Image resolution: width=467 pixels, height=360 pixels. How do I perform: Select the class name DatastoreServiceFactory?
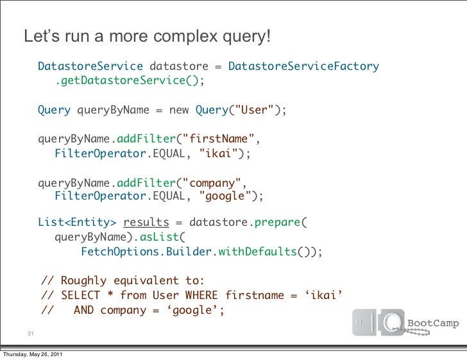(303, 66)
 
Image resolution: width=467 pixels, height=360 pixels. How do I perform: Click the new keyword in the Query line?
(179, 110)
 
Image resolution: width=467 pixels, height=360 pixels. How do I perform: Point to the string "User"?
(255, 110)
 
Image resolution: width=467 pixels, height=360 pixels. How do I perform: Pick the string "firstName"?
(222, 139)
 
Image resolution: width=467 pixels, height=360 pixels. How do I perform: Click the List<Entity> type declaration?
(77, 223)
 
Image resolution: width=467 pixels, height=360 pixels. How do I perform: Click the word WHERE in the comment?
(202, 295)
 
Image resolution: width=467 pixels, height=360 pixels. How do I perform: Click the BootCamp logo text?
(434, 323)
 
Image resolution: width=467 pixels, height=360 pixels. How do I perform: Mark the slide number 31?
(30, 333)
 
